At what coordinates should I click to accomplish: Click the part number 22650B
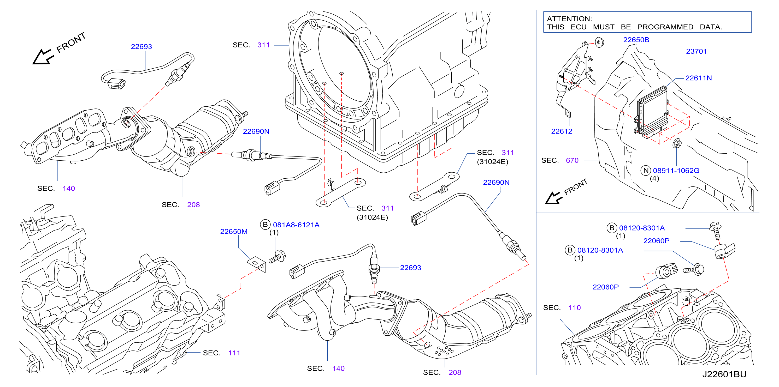(x=636, y=40)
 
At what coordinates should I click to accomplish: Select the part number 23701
(x=696, y=51)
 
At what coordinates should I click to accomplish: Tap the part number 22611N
(x=698, y=78)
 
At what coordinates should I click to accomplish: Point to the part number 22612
(x=562, y=131)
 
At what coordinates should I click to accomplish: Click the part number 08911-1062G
(x=676, y=171)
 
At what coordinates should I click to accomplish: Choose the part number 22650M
(x=234, y=232)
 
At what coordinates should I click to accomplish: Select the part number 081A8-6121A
(x=296, y=225)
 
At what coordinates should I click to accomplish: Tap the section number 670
(x=572, y=160)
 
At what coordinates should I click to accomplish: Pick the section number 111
(x=234, y=353)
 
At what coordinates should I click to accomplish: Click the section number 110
(x=575, y=307)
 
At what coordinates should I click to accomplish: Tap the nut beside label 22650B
(x=599, y=42)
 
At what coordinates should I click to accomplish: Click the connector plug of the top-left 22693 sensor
(x=116, y=84)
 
